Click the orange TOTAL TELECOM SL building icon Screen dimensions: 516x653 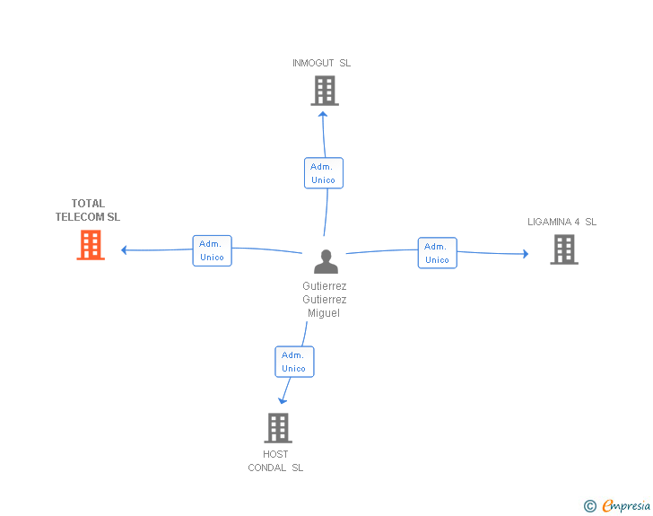tap(91, 245)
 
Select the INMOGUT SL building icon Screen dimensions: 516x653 tap(325, 91)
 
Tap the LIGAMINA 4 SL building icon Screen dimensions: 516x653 tap(563, 249)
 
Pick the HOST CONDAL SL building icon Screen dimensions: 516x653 tap(278, 428)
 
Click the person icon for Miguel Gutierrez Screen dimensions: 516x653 tap(326, 262)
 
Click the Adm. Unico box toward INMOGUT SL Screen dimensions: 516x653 tap(323, 173)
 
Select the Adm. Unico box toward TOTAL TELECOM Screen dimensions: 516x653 tap(212, 250)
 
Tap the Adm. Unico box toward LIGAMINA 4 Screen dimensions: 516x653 tap(437, 253)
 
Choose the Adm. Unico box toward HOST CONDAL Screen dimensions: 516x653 tap(293, 362)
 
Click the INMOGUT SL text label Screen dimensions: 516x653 tap(321, 63)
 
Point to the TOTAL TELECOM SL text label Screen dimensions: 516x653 tap(88, 210)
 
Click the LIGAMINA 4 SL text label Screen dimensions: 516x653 tap(562, 222)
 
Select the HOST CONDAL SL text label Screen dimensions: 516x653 tap(276, 460)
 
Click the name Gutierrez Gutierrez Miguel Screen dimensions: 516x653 tap(325, 300)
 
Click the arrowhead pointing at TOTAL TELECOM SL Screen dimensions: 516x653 tap(125, 249)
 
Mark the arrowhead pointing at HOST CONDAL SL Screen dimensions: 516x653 tap(283, 400)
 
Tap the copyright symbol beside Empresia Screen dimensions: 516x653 tap(590, 506)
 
